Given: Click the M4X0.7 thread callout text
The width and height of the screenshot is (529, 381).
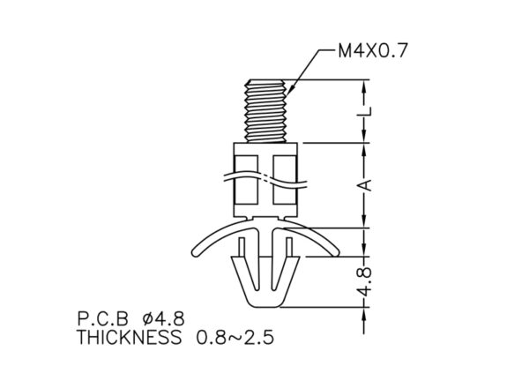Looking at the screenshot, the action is pyautogui.click(x=373, y=50).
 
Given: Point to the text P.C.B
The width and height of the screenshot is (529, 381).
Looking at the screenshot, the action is pyautogui.click(x=103, y=318).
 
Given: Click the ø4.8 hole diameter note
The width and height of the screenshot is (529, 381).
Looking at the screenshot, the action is pyautogui.click(x=164, y=318).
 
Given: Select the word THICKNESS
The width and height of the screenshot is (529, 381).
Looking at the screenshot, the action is pyautogui.click(x=130, y=337).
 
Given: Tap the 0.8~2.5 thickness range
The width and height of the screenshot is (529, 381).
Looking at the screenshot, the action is pyautogui.click(x=235, y=337).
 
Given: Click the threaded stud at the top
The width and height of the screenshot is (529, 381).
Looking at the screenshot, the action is pyautogui.click(x=266, y=111).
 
